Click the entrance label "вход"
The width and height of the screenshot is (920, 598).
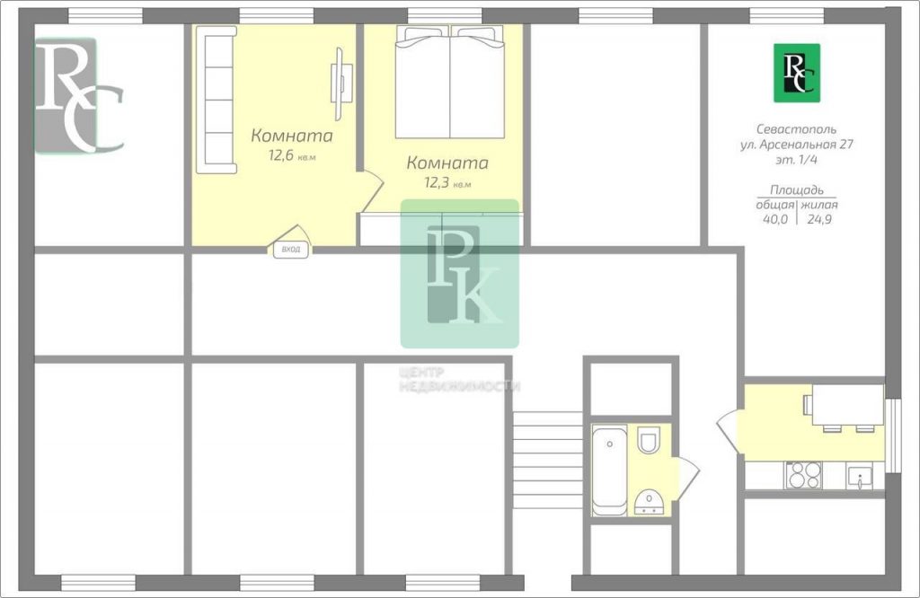tap(291, 250)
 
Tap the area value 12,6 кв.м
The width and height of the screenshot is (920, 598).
tap(292, 156)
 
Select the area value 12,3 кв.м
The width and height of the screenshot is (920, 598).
tap(447, 183)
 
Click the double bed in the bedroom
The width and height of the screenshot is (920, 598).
tap(450, 82)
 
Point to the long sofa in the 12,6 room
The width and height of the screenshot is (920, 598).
tap(217, 100)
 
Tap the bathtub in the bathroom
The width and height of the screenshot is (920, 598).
tap(610, 471)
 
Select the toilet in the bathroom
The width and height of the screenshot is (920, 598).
tap(649, 440)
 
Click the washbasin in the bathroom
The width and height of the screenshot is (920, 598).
tap(649, 502)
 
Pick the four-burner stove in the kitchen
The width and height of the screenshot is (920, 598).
tap(803, 476)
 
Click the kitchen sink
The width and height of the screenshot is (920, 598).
tap(860, 477)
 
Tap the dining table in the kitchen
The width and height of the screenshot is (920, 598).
tap(848, 405)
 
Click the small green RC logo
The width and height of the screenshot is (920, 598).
tap(797, 73)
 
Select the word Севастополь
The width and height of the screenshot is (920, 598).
tap(796, 129)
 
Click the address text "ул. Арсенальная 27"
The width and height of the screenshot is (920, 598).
tap(797, 145)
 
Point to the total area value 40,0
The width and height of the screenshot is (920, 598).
tap(775, 219)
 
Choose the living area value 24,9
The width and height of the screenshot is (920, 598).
tap(819, 219)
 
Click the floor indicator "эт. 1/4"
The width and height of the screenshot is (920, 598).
tap(797, 159)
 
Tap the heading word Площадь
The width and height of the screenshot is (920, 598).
tap(797, 190)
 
